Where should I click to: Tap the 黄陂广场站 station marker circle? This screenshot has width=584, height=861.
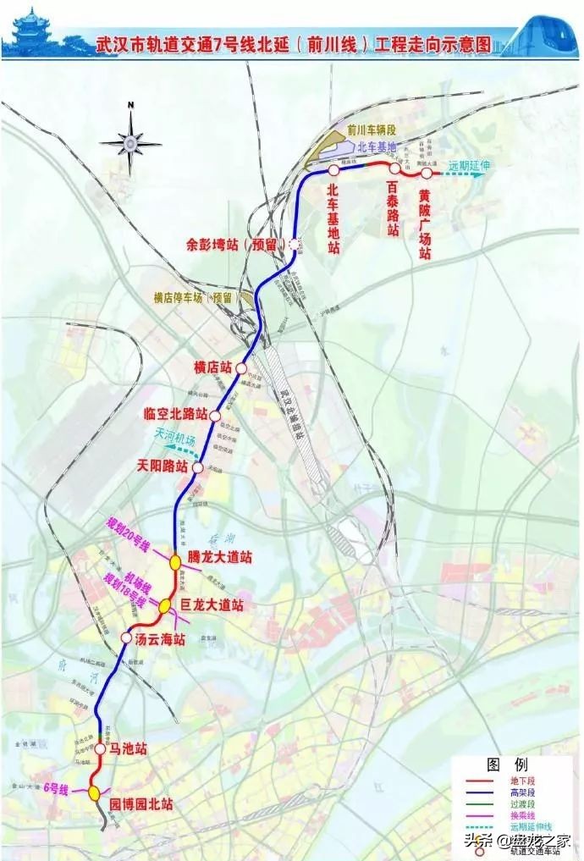[x=427, y=174]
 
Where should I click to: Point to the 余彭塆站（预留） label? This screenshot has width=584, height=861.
[x=236, y=245]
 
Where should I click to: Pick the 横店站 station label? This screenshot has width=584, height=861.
[x=212, y=367]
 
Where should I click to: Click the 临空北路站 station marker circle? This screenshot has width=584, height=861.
[x=215, y=416]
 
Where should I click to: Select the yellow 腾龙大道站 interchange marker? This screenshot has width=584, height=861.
[x=174, y=560]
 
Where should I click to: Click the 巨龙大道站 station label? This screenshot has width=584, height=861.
[x=212, y=606]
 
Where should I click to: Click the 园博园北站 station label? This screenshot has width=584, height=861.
[x=141, y=804]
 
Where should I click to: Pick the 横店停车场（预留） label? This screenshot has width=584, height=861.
[x=192, y=298]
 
